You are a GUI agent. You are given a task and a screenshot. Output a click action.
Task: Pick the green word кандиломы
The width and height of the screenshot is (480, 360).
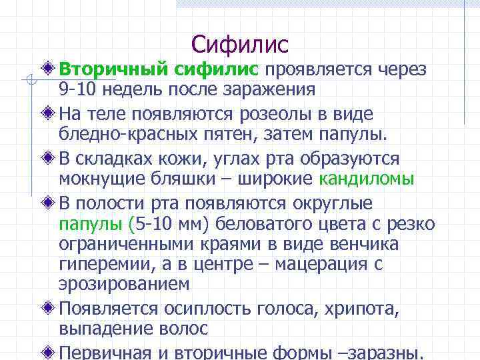pos(367,179)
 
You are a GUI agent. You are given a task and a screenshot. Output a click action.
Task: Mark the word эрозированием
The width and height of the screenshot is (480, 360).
pos(123,285)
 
